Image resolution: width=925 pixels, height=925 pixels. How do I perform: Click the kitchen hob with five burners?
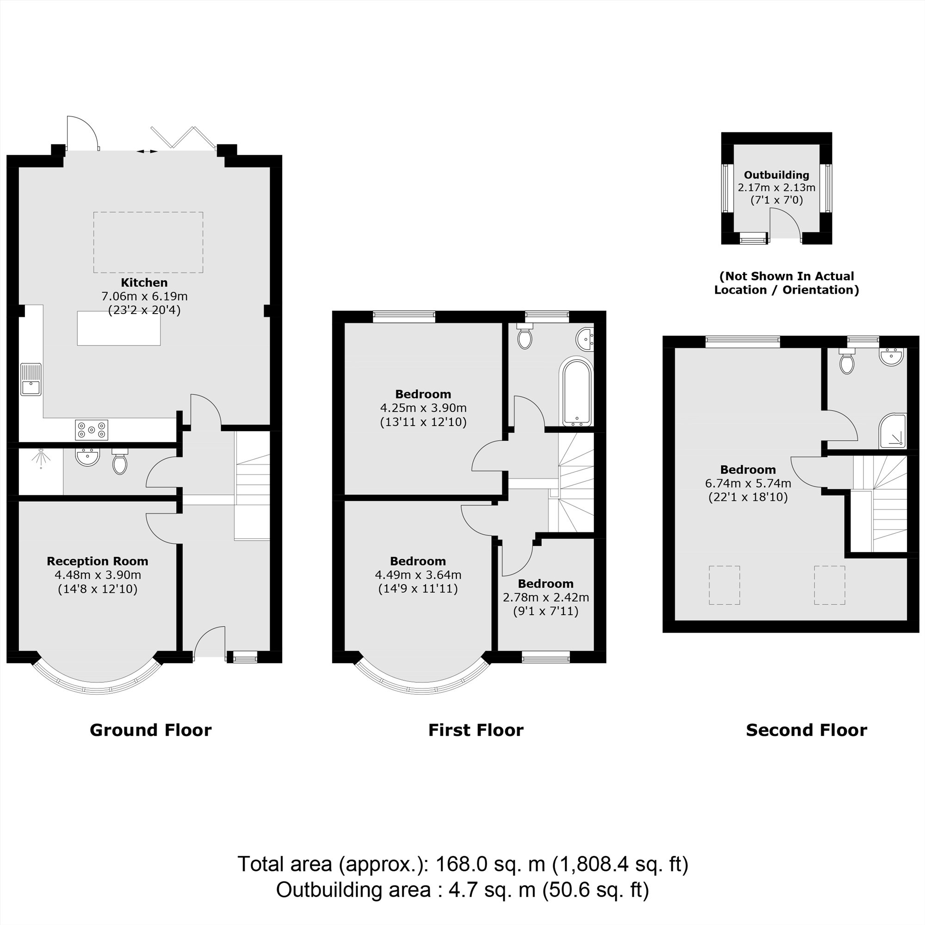click(92, 430)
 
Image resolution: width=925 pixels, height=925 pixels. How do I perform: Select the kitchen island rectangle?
click(119, 328)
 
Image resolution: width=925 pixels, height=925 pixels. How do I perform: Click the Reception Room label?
click(97, 561)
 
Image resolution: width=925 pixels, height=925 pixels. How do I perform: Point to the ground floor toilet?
click(120, 462)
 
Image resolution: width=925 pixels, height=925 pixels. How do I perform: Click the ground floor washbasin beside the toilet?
click(87, 456)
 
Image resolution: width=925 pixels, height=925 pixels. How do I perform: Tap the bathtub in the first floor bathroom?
click(577, 392)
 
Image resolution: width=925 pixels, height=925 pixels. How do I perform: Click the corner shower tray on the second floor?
click(893, 432)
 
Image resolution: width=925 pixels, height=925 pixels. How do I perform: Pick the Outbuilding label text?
click(776, 175)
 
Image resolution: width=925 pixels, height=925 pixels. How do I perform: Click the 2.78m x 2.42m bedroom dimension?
click(545, 598)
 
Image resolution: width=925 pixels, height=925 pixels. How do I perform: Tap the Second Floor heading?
click(806, 730)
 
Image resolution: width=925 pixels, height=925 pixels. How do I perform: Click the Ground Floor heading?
click(150, 730)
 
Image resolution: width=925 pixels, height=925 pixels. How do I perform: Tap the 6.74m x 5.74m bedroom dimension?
click(748, 484)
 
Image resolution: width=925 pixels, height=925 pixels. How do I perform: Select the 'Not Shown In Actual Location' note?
click(786, 283)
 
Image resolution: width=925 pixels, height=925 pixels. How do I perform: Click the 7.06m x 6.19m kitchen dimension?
click(144, 296)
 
